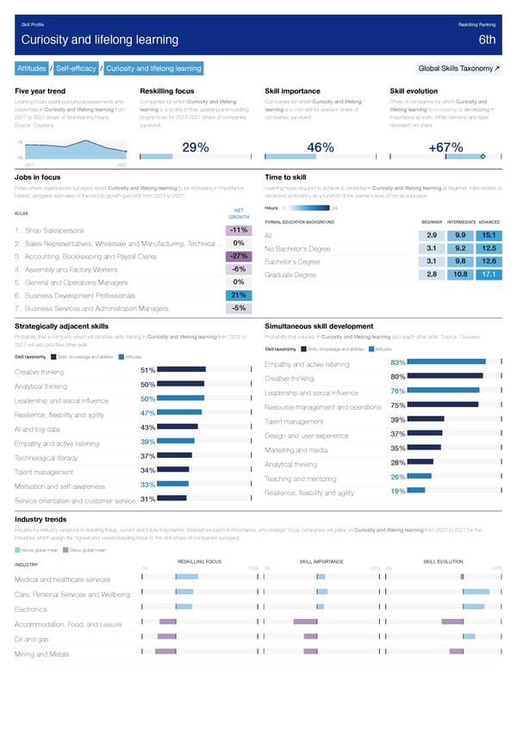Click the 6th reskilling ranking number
click(x=487, y=40)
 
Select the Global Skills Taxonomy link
click(x=457, y=68)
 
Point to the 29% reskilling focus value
click(x=197, y=148)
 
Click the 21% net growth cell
click(x=239, y=294)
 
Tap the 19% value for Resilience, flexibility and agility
click(x=397, y=491)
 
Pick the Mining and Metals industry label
click(x=42, y=655)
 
